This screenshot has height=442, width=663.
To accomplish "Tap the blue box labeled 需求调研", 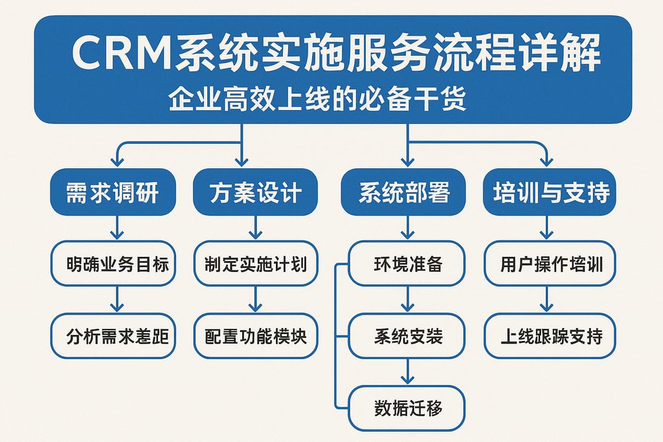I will tap(113, 192).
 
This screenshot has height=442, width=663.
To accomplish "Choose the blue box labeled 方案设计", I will tap(255, 192).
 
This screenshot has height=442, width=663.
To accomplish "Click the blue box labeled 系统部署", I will tap(404, 192).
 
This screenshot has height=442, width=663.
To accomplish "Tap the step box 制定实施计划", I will tap(256, 263).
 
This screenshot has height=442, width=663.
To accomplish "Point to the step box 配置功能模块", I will tap(256, 336).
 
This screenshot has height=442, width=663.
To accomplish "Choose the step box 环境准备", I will tap(407, 263).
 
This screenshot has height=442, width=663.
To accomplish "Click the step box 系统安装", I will tap(407, 336).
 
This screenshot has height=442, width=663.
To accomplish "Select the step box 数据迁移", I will tap(407, 408).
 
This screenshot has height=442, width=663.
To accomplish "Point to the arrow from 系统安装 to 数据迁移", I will tap(407, 371).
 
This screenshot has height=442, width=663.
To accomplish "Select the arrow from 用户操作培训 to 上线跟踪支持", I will tap(547, 299).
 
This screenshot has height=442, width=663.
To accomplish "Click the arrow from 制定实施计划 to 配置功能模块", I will tap(256, 299).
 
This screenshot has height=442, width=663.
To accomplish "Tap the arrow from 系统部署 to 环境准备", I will tap(407, 227).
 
